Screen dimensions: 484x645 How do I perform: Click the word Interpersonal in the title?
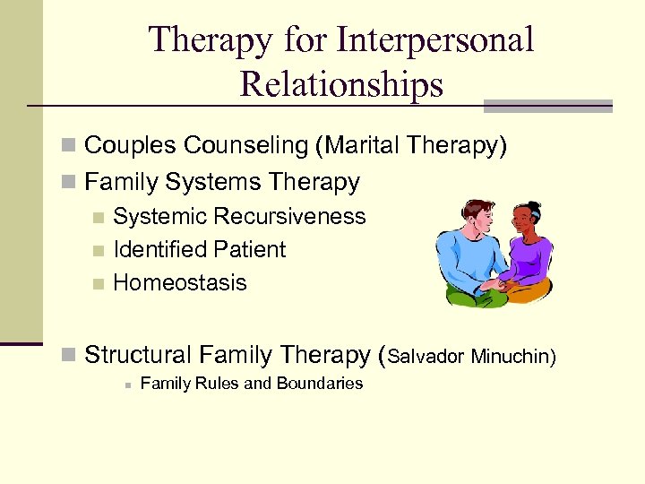[435, 40]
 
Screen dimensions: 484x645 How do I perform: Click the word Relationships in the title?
[341, 84]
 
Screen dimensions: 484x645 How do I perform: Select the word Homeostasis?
[179, 283]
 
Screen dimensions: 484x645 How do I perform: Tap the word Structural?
[138, 356]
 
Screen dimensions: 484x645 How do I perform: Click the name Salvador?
[425, 358]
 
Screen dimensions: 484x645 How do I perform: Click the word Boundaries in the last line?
[321, 384]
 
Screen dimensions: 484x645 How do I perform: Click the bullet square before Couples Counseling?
[70, 146]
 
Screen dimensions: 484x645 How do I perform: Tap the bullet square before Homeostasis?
[99, 284]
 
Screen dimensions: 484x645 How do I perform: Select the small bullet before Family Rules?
[128, 385]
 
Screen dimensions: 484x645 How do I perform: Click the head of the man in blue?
[469, 218]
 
